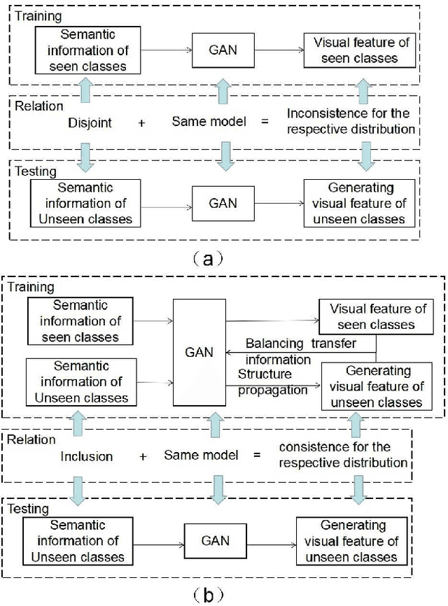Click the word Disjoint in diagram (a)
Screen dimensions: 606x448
coord(90,122)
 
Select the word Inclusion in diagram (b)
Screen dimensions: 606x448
coord(87,456)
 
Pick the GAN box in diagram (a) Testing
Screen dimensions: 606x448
coord(223,203)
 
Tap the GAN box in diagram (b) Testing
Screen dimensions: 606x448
coord(216,540)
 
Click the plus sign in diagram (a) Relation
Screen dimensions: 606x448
coord(142,122)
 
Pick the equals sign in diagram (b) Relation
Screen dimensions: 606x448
coord(257,456)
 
